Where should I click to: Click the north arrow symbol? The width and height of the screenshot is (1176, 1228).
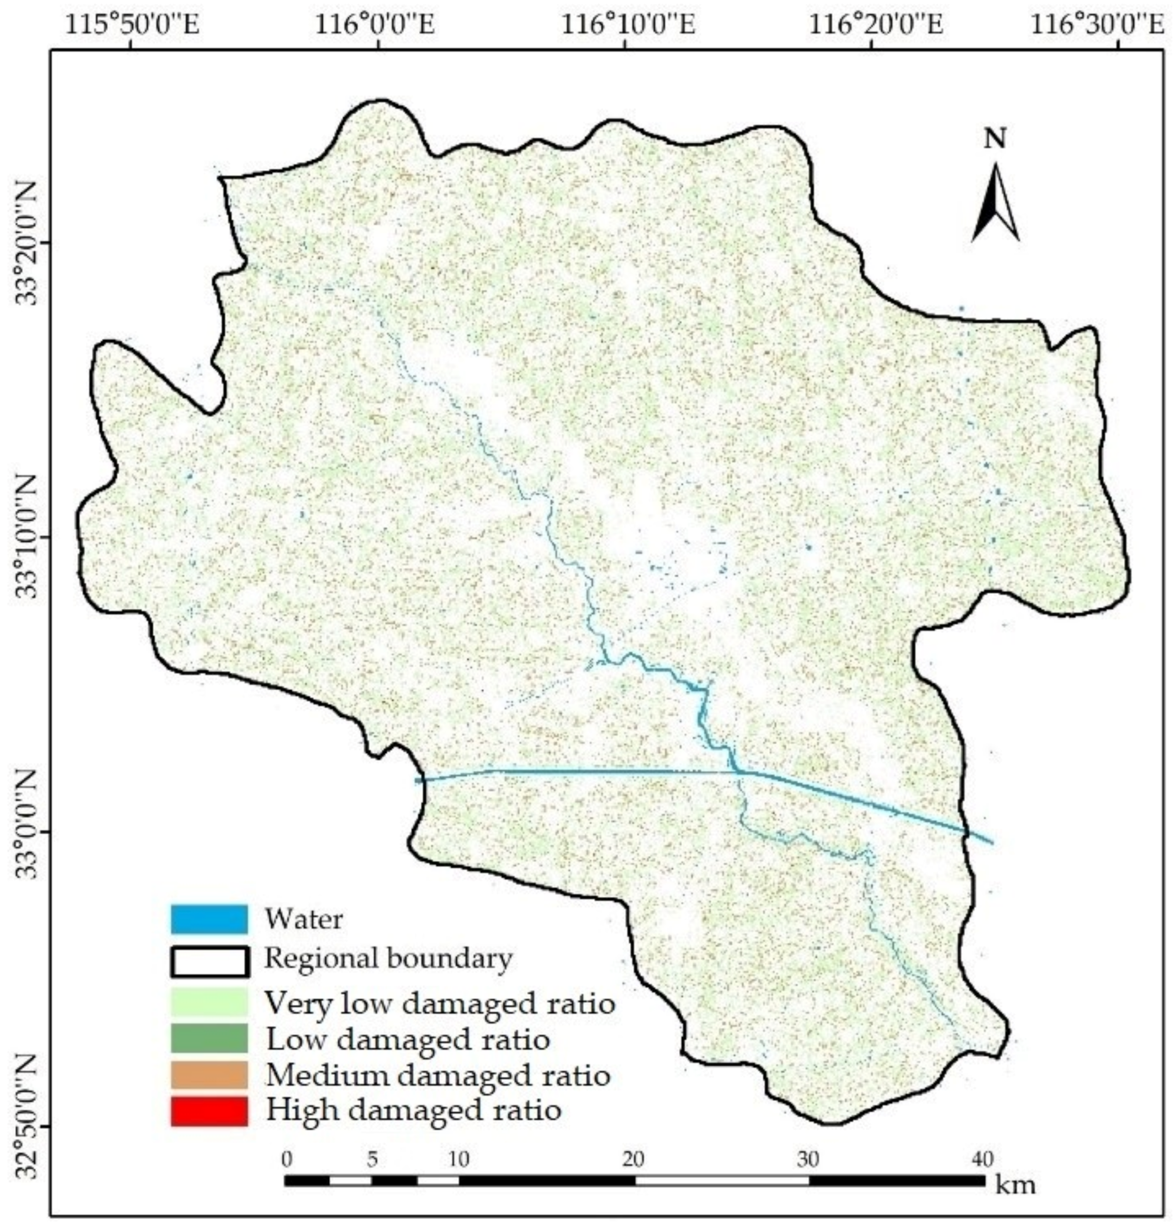994,202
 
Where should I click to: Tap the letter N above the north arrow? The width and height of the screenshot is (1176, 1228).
994,138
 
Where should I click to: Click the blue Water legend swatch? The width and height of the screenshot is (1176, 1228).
208,919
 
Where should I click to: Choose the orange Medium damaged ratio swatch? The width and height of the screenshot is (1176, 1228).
208,1075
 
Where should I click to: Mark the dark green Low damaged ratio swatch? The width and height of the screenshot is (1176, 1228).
208,1038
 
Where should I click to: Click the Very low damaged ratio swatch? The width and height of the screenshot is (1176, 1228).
208,1002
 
